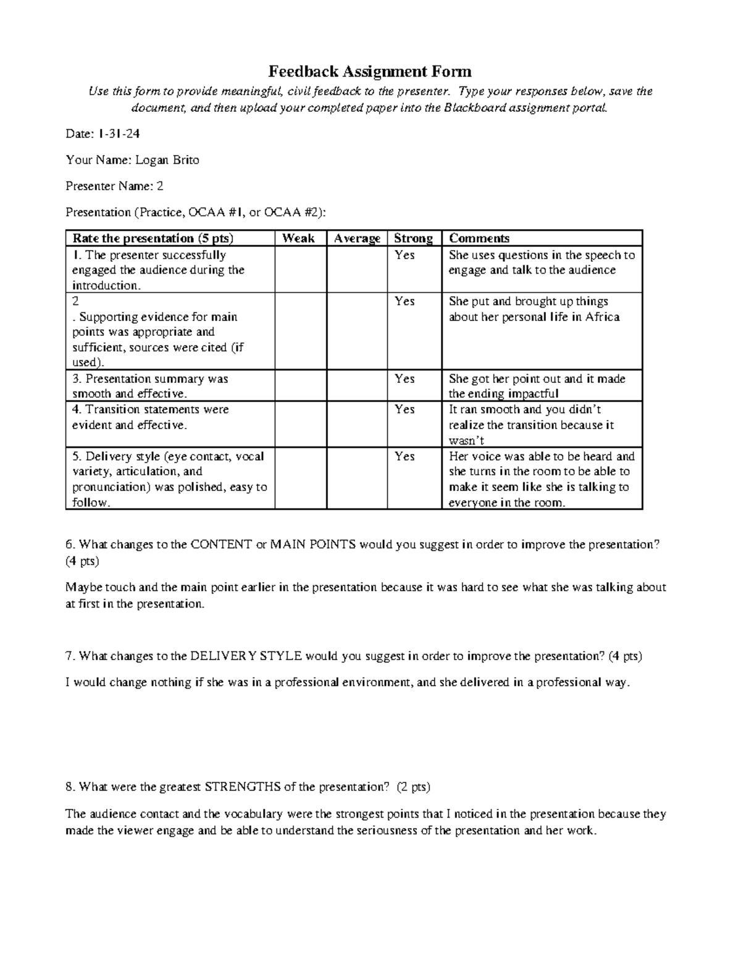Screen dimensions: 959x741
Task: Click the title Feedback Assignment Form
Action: coord(369,72)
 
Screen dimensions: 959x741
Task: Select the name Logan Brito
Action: coord(167,160)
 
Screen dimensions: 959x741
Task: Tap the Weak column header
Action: coord(298,238)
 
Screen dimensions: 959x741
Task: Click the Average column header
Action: coord(357,238)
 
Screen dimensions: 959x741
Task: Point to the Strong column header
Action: coord(413,238)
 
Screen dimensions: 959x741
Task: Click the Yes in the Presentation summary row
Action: coord(404,379)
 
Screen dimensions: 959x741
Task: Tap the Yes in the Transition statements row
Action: coord(404,409)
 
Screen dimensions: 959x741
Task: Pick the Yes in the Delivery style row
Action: coord(404,456)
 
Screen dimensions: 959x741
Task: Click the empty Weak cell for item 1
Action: coord(301,270)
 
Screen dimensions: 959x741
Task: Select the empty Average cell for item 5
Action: coord(357,479)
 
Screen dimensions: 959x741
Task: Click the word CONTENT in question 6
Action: coord(221,545)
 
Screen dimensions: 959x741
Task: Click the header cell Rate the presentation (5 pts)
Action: coord(153,238)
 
